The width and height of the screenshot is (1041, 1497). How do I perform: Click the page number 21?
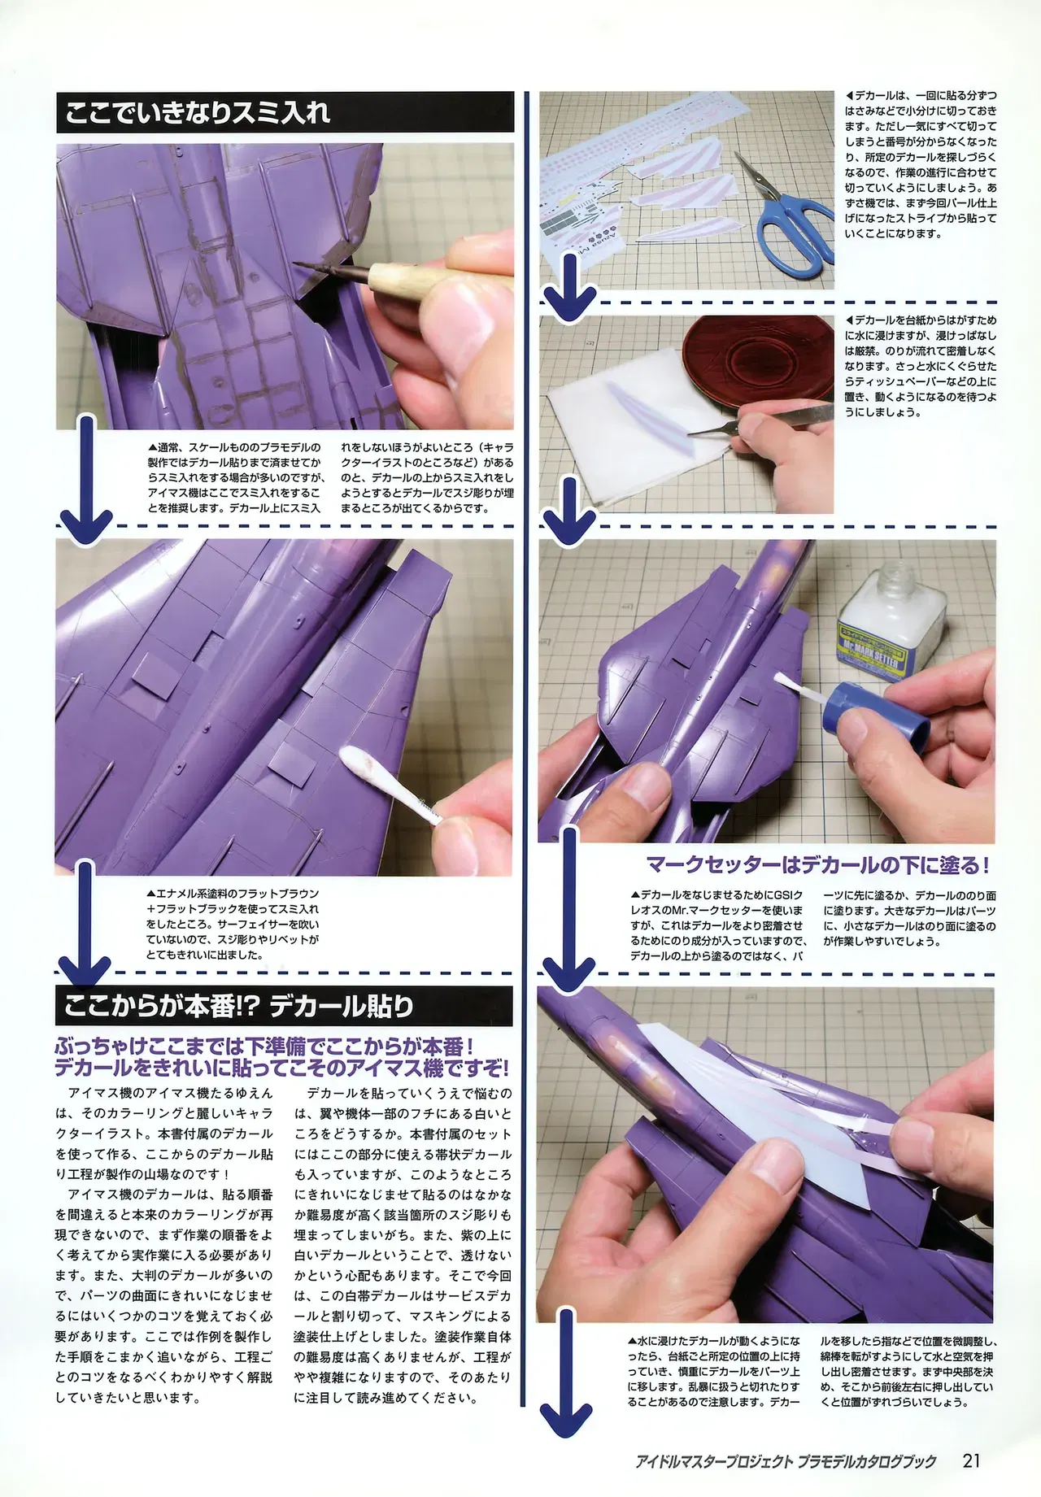click(971, 1460)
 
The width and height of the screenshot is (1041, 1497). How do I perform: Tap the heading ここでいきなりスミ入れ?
click(198, 112)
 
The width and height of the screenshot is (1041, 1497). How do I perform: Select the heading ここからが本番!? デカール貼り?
click(238, 1006)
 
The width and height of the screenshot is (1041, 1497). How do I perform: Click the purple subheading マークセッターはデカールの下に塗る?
click(817, 864)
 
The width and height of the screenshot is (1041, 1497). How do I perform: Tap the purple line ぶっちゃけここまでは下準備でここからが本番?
click(264, 1046)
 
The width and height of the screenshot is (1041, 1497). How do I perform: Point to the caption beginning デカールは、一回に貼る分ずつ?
click(921, 164)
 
